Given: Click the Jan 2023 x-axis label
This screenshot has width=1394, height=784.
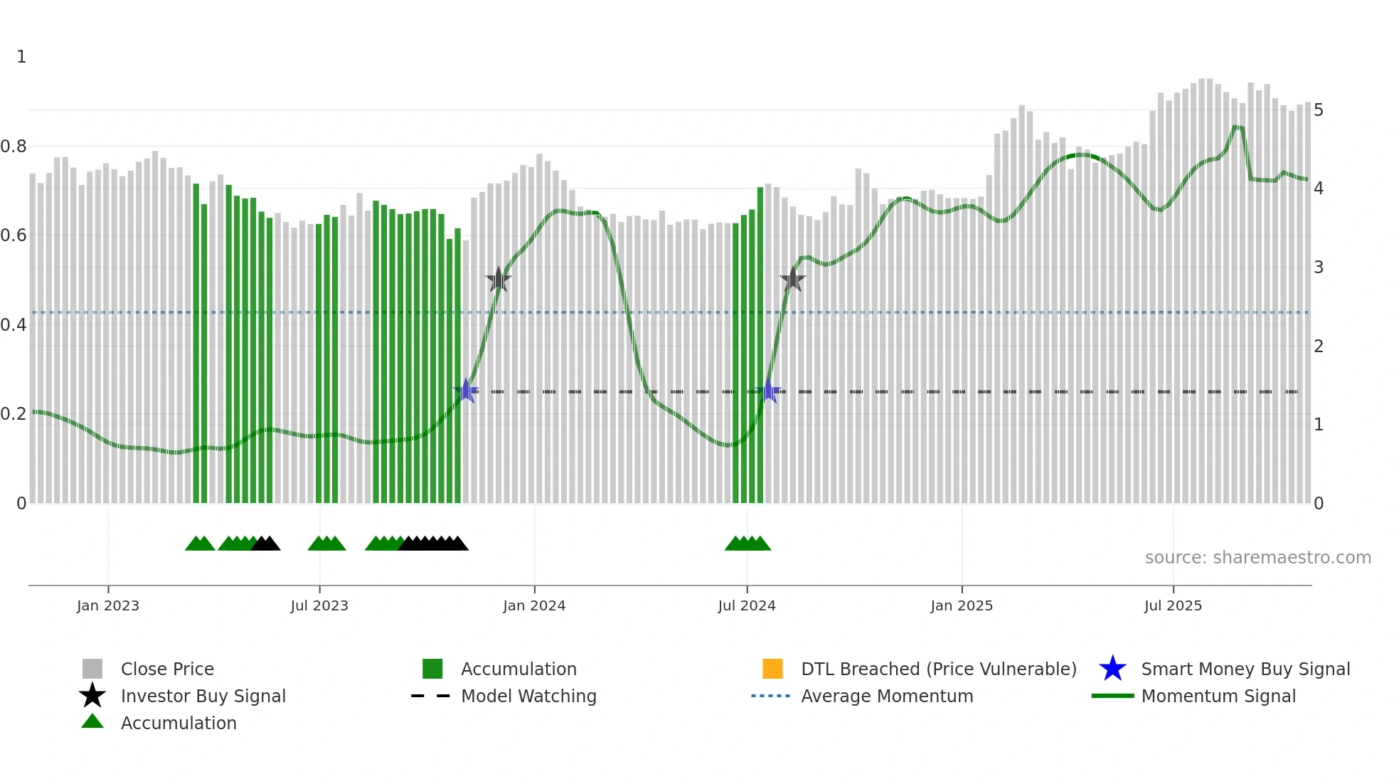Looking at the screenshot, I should click(108, 605).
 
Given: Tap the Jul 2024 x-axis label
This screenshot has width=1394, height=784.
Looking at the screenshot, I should click(747, 605).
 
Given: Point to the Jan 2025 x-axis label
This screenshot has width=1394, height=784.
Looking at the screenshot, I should click(962, 605).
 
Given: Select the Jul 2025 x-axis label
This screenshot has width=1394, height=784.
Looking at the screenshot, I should click(1173, 605).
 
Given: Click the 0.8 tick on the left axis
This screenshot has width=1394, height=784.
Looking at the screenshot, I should click(14, 147).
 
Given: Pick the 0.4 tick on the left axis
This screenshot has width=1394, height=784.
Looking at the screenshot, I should click(14, 325).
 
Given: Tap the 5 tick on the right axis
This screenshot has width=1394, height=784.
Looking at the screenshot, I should click(1319, 110).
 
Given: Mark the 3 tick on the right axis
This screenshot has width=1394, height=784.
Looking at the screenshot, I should click(1319, 267).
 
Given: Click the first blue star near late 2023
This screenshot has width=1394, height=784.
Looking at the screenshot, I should click(466, 391).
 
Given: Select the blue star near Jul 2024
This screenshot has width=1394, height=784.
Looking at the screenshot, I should click(768, 391).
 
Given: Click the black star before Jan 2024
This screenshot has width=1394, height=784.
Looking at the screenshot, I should click(499, 280).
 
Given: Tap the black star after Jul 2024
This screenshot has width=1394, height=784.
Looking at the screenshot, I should click(792, 279).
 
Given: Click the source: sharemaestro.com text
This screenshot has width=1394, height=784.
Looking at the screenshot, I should click(1257, 558).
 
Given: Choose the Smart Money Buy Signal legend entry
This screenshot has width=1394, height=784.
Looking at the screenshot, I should click(1245, 669).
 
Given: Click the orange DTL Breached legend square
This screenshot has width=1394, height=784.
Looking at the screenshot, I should click(772, 669).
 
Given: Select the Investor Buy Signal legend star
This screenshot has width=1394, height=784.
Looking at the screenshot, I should click(92, 696).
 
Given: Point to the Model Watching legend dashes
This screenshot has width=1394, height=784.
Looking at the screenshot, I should click(431, 696).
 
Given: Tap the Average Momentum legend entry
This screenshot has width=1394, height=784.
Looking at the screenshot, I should click(886, 696).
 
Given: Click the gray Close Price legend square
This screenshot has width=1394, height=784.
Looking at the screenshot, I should click(92, 669).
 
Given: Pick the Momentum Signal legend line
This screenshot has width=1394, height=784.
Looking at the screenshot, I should click(1112, 696).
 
